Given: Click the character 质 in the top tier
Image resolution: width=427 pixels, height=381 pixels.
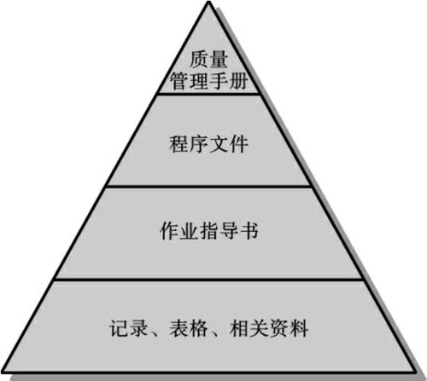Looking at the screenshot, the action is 199,60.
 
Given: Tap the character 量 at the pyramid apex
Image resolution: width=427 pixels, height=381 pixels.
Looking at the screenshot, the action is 219,60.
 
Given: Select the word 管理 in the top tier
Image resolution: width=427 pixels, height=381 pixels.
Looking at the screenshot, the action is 189,81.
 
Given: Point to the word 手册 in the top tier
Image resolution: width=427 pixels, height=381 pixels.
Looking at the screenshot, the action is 229,81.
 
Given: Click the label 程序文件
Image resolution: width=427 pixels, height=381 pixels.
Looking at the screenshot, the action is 208,144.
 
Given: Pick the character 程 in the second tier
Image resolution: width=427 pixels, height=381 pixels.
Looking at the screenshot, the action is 178,144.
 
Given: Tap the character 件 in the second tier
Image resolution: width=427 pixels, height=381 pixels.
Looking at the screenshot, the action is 239,144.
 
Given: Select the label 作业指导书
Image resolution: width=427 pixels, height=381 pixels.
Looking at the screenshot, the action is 209,230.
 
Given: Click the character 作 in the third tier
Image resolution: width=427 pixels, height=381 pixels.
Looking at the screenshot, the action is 169,230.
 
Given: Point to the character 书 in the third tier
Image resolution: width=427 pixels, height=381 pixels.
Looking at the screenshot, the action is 249,230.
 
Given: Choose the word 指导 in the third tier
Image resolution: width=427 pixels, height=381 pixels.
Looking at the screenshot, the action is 219,230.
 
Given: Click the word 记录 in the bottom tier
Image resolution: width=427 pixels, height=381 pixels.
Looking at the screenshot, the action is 129,328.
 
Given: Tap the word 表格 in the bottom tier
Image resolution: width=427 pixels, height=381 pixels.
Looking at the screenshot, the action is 189,328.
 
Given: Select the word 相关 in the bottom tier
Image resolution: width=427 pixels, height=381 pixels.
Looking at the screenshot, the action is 249,328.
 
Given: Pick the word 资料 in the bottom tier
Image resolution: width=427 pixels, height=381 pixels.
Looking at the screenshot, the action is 289,328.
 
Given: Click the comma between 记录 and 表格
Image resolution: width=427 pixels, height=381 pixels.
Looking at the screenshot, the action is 154,333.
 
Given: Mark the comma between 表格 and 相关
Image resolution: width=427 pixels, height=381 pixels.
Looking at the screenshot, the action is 214,333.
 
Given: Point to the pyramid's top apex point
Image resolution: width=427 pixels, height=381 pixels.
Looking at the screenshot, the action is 209,2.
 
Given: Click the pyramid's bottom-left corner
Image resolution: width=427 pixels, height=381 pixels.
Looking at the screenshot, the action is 3,372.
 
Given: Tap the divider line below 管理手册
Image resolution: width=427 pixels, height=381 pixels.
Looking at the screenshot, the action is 209,94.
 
